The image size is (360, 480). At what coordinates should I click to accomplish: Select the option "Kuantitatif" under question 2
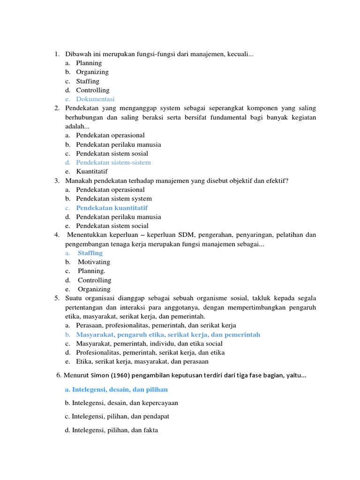pyautogui.click(x=92, y=172)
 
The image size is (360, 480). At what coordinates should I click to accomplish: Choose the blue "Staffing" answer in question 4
pyautogui.click(x=90, y=253)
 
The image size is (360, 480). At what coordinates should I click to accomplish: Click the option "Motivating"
pyautogui.click(x=94, y=262)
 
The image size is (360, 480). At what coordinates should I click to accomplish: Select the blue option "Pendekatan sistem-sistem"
pyautogui.click(x=113, y=163)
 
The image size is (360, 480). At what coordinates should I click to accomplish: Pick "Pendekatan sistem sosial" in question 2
pyautogui.click(x=112, y=153)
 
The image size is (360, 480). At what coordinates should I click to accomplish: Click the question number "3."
pyautogui.click(x=56, y=180)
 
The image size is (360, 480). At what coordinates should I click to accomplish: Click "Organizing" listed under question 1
pyautogui.click(x=92, y=72)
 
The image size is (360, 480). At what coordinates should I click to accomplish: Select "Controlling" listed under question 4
pyautogui.click(x=94, y=280)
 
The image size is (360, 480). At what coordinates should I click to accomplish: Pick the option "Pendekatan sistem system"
pyautogui.click(x=114, y=199)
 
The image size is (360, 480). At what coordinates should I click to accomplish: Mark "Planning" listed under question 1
pyautogui.click(x=89, y=63)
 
